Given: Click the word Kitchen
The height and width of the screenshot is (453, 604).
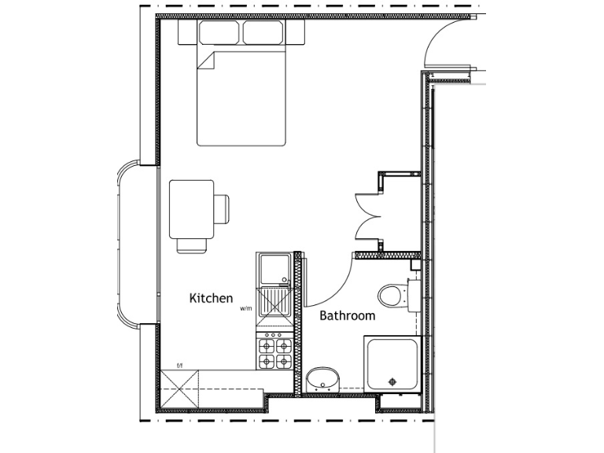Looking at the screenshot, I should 211,299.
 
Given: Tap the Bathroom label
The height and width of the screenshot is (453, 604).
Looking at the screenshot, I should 347,316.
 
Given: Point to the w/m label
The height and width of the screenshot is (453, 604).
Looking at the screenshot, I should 245,309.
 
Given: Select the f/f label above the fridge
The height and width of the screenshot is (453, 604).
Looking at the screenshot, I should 179,365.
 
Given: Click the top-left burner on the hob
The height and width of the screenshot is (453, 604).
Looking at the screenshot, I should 267,344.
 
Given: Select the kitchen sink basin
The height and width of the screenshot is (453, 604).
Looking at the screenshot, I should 274,270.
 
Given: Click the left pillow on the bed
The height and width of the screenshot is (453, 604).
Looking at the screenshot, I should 219,33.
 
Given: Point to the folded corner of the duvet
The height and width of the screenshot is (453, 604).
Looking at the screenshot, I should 205,60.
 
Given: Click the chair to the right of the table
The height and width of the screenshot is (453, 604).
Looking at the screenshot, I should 222,208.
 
